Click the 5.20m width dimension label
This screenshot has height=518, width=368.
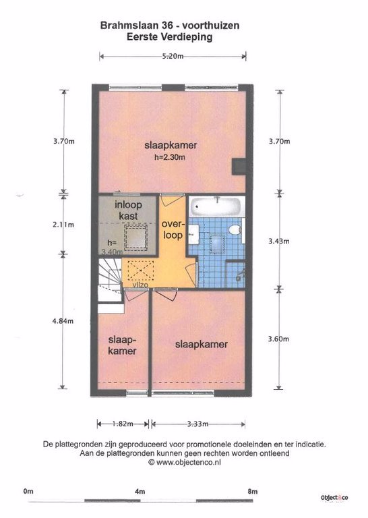pyautogui.click(x=173, y=56)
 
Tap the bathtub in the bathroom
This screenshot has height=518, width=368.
pyautogui.click(x=217, y=206)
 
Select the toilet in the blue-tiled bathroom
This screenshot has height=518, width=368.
pyautogui.click(x=235, y=230)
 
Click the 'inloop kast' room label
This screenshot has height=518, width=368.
pyautogui.click(x=128, y=210)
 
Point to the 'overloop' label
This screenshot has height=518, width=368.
pyautogui.click(x=172, y=229)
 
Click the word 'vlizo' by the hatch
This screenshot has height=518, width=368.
pyautogui.click(x=140, y=285)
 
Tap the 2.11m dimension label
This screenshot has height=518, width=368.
pyautogui.click(x=63, y=225)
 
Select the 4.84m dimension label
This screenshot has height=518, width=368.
pyautogui.click(x=63, y=321)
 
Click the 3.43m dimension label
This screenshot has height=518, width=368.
pyautogui.click(x=279, y=241)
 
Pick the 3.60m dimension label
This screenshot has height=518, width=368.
pyautogui.click(x=278, y=339)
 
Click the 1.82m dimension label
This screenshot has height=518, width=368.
pyautogui.click(x=123, y=424)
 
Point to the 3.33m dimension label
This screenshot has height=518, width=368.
pyautogui.click(x=197, y=424)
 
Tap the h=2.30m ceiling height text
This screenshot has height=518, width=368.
pyautogui.click(x=170, y=157)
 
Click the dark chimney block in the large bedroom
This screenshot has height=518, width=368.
pyautogui.click(x=239, y=167)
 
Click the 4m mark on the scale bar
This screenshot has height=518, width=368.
pyautogui.click(x=140, y=491)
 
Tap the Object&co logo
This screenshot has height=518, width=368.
pyautogui.click(x=334, y=498)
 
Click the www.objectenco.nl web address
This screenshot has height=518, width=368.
pyautogui.click(x=189, y=462)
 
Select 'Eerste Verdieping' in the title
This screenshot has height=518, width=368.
pyautogui.click(x=169, y=37)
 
